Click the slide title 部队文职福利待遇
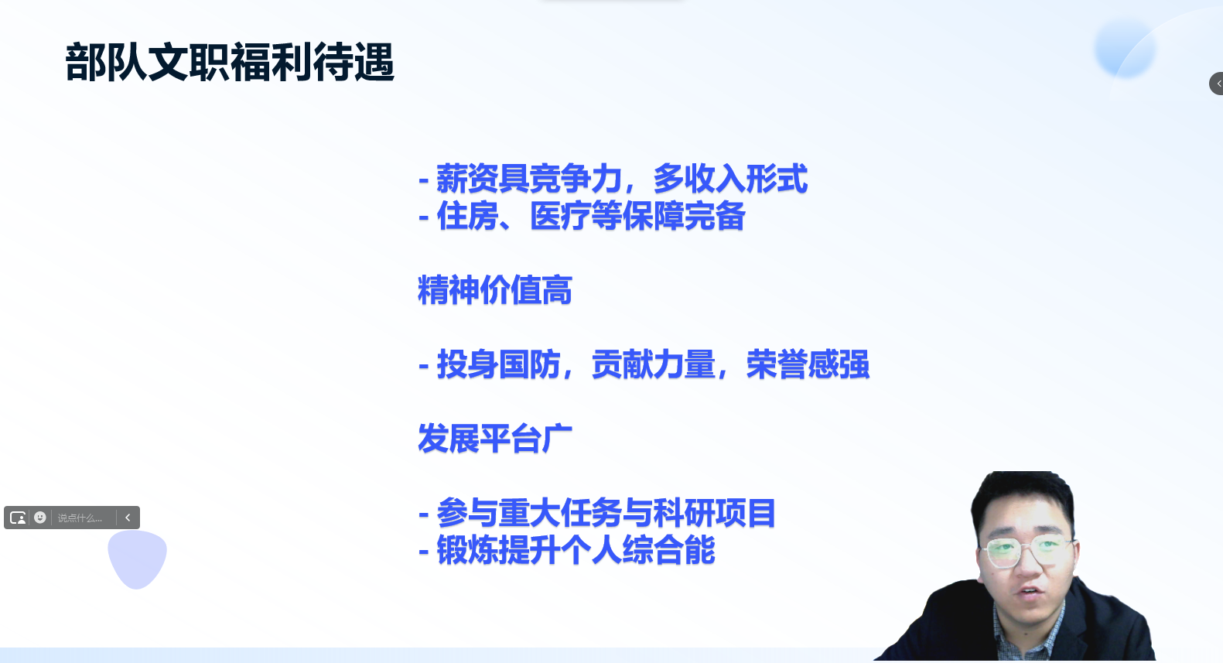230,63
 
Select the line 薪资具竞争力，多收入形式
613,179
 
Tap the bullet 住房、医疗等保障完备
582,216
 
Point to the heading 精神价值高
494,290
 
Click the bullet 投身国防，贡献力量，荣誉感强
644,364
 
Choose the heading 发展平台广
494,439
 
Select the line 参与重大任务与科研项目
597,513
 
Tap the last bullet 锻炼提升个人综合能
567,550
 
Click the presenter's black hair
1021,500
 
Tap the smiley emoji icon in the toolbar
40,518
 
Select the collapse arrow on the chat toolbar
128,518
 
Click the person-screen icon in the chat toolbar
18,518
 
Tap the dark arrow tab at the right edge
1217,84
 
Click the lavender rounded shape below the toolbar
137,559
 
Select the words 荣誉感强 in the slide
808,364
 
